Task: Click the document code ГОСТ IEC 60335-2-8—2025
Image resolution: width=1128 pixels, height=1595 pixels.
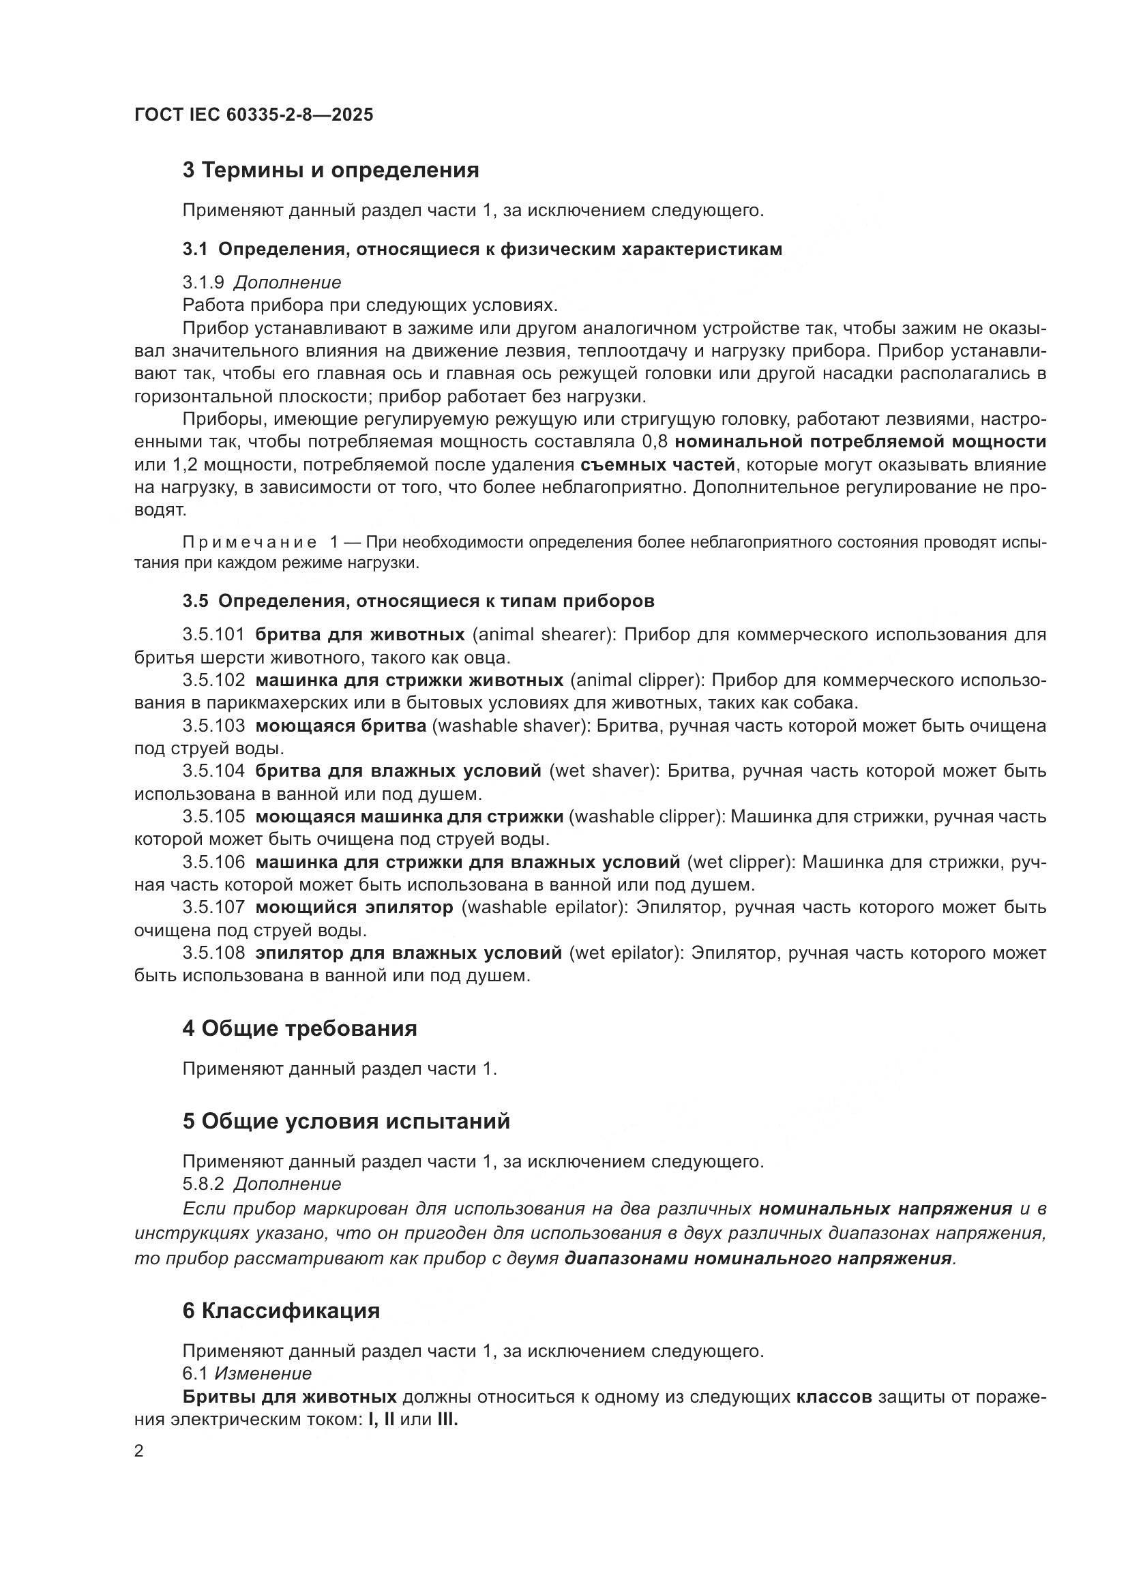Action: coord(254,115)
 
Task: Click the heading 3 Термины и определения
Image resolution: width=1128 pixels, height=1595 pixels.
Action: coord(331,170)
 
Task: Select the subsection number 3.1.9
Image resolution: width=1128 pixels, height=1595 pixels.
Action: coord(203,283)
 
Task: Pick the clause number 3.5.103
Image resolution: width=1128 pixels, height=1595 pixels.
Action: coord(213,726)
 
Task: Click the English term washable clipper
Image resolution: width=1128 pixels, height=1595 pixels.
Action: coord(644,816)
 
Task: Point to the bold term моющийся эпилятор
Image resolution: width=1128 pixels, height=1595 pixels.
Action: coord(354,907)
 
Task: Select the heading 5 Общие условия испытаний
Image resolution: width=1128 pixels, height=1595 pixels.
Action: coord(346,1121)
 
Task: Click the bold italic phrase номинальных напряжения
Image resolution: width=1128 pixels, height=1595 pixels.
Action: coord(885,1209)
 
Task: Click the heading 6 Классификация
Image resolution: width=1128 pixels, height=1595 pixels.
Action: coord(280,1311)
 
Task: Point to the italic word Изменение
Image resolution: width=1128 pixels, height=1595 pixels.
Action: coord(263,1373)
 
